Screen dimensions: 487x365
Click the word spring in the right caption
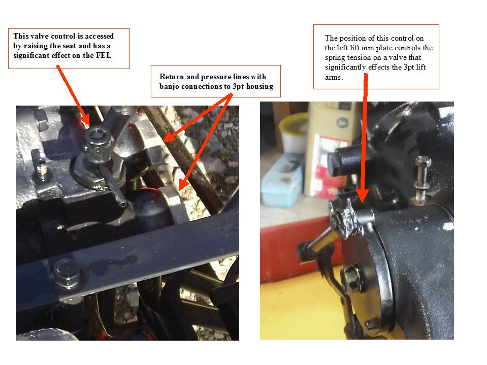coord(335,58)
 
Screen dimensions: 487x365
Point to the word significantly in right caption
coord(345,68)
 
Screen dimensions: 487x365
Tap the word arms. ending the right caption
coord(334,78)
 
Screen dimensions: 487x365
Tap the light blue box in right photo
coord(281,180)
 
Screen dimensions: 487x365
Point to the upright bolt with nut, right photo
coord(422,180)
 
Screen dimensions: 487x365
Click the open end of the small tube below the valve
coord(123,204)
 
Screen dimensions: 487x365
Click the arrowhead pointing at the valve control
coord(85,119)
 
